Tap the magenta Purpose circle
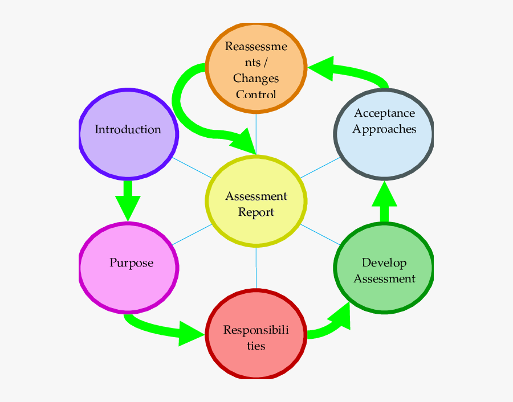point(129,267)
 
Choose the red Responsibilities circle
point(255,334)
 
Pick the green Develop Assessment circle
point(384,268)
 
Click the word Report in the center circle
point(256,212)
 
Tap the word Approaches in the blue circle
point(384,129)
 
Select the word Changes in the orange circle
point(256,78)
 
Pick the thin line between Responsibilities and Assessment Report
point(256,268)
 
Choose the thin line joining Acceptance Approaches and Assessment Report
point(320,168)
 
